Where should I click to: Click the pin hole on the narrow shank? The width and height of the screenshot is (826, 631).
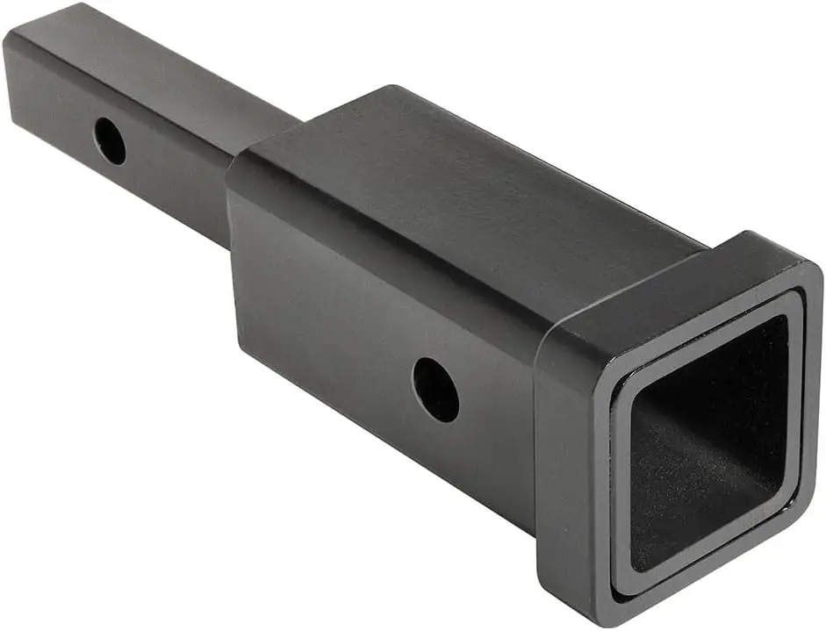[x=110, y=140]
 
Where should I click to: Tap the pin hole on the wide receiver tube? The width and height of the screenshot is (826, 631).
[x=435, y=389]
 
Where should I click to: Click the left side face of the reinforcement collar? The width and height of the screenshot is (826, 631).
[x=566, y=456]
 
